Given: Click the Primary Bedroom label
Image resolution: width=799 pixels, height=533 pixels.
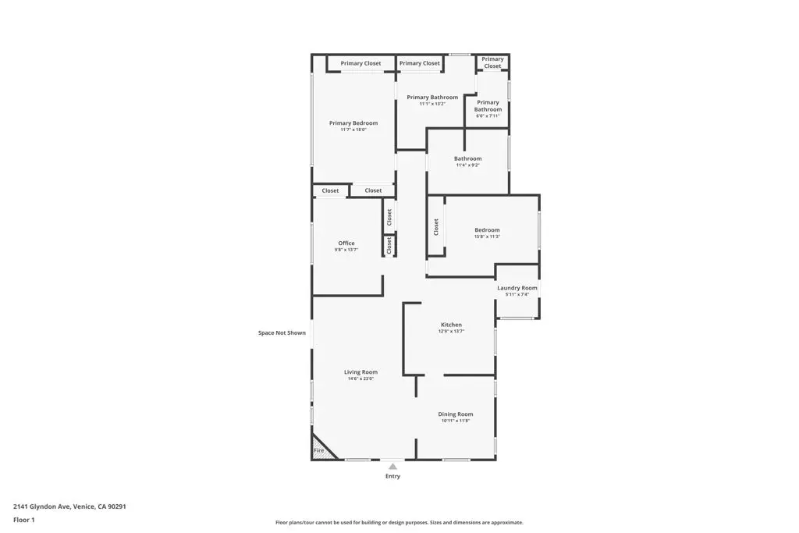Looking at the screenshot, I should (x=353, y=123).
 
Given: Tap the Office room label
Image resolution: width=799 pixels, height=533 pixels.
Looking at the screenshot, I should (x=346, y=243).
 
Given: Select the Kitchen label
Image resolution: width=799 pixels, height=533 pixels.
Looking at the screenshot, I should (x=451, y=325).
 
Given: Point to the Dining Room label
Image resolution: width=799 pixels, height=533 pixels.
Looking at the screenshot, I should (x=455, y=414).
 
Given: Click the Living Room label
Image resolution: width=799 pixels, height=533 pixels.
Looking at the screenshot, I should (x=360, y=372).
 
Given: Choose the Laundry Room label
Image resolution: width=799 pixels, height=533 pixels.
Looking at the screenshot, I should (x=517, y=288).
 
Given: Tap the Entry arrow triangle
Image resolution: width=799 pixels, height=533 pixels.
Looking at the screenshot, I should (x=392, y=467).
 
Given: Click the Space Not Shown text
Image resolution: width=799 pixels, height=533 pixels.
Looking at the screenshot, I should (x=282, y=333).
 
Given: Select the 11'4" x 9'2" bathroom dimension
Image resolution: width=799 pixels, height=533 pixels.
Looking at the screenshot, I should (x=468, y=165).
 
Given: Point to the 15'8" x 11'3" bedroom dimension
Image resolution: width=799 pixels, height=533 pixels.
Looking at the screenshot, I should (x=487, y=236).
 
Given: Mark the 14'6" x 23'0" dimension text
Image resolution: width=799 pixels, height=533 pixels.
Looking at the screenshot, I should (x=360, y=379).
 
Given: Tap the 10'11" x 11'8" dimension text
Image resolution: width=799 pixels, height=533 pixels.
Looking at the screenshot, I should (x=455, y=421).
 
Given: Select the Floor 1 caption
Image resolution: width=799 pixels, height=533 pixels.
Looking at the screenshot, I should (x=24, y=520).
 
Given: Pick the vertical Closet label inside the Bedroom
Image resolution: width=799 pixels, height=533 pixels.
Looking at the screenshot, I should (x=436, y=226).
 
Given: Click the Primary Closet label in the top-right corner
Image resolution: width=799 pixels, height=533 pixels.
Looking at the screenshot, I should (x=492, y=62).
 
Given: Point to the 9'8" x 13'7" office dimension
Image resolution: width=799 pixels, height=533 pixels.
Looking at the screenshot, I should (x=346, y=251).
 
